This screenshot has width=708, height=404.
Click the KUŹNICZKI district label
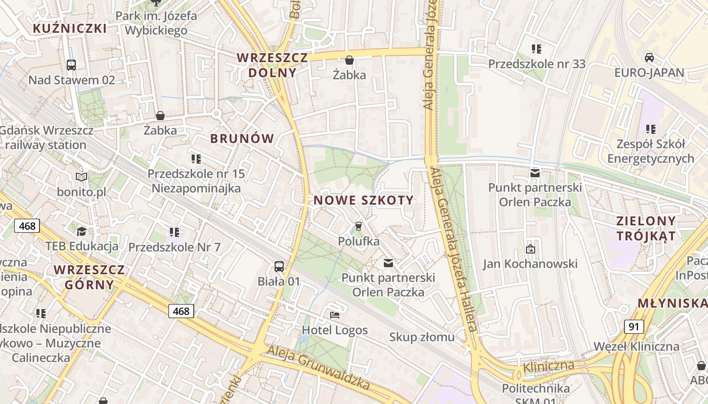[70, 28]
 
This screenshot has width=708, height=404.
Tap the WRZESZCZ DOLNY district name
[272, 65]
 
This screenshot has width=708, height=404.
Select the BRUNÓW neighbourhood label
[242, 138]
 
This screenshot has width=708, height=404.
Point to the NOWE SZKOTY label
[364, 200]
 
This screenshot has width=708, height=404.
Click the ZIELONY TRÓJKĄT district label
[646, 228]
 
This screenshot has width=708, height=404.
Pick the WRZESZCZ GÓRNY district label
[89, 277]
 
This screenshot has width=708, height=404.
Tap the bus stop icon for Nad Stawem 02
[71, 65]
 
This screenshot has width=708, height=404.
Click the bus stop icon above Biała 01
[279, 266]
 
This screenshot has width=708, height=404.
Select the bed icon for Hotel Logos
[334, 315]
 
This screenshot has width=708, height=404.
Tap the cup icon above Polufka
[359, 226]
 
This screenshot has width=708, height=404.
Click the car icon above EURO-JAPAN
[649, 57]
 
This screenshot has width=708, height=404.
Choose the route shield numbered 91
[634, 326]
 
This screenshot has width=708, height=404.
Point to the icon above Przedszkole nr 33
[537, 49]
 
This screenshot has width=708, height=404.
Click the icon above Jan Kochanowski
[530, 248]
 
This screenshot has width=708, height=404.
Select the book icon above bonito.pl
[81, 177]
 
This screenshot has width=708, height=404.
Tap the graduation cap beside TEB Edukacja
[81, 231]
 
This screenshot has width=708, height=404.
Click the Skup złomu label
[422, 337]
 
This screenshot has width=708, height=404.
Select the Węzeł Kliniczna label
[636, 346]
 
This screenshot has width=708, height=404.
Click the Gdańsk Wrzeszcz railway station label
[47, 137]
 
